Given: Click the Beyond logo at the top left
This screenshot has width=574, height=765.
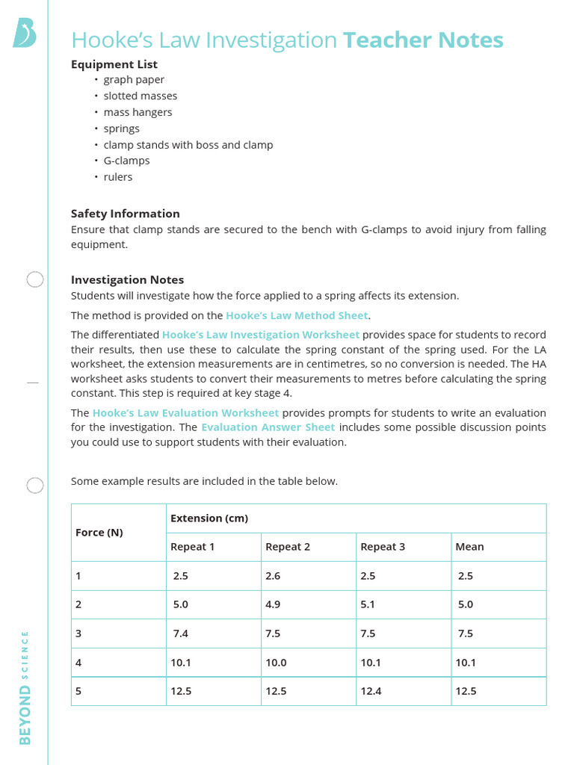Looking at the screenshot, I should (24, 34).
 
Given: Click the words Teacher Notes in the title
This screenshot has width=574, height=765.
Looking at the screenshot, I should (423, 40).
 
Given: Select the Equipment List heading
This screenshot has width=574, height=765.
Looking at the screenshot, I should (114, 64).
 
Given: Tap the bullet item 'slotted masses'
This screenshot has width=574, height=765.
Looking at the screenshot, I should (140, 96).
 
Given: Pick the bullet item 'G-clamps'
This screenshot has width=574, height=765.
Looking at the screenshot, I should (126, 161).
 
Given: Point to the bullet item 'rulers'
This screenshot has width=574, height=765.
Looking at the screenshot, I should (118, 177).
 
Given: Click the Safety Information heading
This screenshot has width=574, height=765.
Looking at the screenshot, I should (125, 214).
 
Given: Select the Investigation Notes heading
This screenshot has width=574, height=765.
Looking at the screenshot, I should (127, 279).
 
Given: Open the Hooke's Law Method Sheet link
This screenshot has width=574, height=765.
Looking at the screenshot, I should (297, 316).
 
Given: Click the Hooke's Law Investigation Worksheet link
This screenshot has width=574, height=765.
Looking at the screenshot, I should (260, 335).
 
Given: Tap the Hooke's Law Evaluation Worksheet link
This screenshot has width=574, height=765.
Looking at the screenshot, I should (185, 413).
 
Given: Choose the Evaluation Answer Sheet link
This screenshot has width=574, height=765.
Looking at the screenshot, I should (268, 427).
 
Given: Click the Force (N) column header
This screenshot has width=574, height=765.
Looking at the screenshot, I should (99, 533).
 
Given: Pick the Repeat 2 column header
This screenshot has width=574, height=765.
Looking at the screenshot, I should (288, 547).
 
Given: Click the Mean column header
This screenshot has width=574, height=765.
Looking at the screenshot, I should (469, 547).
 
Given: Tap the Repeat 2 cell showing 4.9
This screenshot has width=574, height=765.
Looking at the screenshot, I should (273, 604).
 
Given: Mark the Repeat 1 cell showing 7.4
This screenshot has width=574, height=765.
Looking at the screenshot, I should (180, 634).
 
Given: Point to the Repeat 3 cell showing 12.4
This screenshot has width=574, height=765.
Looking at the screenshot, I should (371, 691).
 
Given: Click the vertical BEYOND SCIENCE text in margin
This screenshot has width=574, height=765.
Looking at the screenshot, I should (25, 687).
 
